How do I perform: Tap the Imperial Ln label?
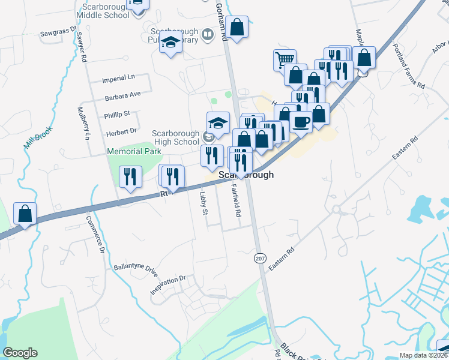(119, 79)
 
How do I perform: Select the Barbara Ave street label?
(122, 94)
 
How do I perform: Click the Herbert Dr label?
(122, 131)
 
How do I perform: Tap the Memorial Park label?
(134, 152)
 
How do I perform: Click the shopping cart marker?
(284, 59)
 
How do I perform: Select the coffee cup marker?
(301, 122)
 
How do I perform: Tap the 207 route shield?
(260, 257)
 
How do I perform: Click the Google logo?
(20, 353)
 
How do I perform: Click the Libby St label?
(203, 204)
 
